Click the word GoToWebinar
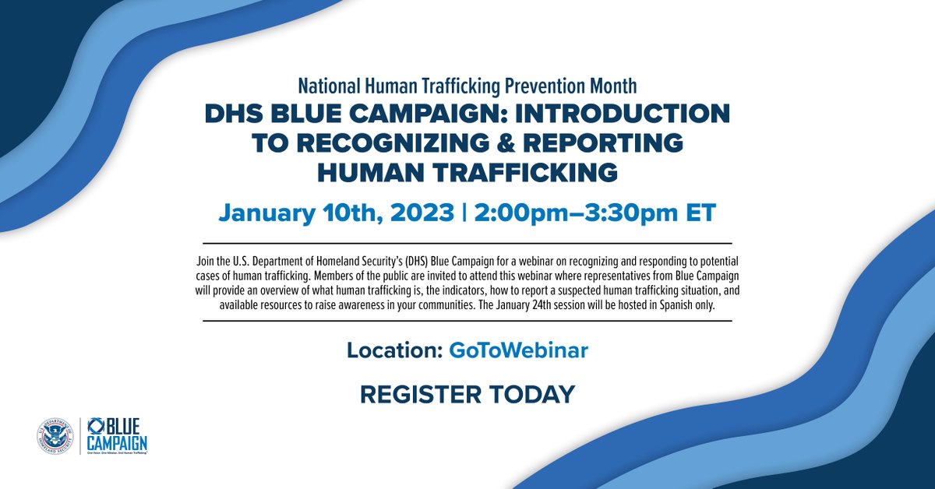(x=518, y=350)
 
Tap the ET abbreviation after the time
(x=699, y=213)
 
